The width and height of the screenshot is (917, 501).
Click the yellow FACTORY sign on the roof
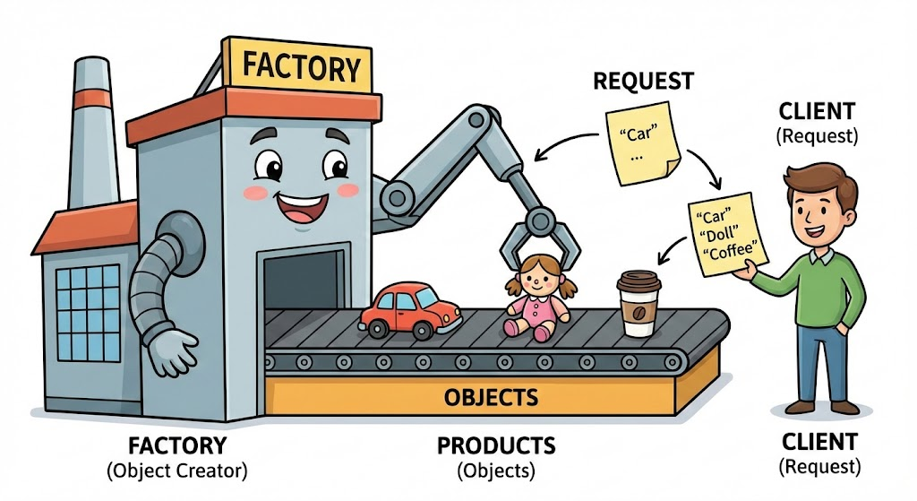coord(303,66)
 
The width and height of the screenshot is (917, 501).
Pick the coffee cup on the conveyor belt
coord(638,305)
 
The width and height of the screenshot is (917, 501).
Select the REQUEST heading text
coord(643,82)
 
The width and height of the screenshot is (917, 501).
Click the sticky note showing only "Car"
coord(642,144)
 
